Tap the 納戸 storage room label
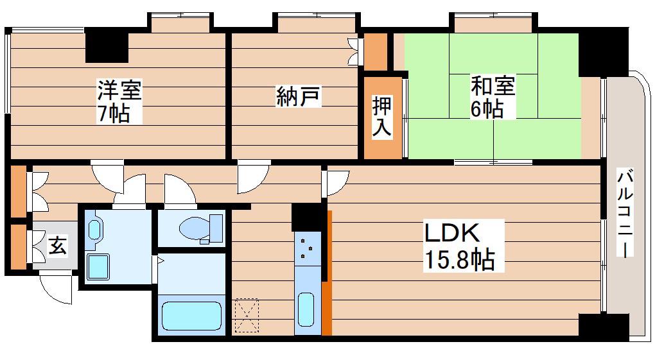298,97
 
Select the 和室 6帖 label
493,97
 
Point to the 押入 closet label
382,116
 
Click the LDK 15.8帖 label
459,246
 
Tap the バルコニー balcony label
625,213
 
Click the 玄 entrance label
57,246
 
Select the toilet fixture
201,228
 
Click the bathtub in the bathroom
191,316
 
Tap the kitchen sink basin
306,309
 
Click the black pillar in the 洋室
107,45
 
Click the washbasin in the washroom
95,229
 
